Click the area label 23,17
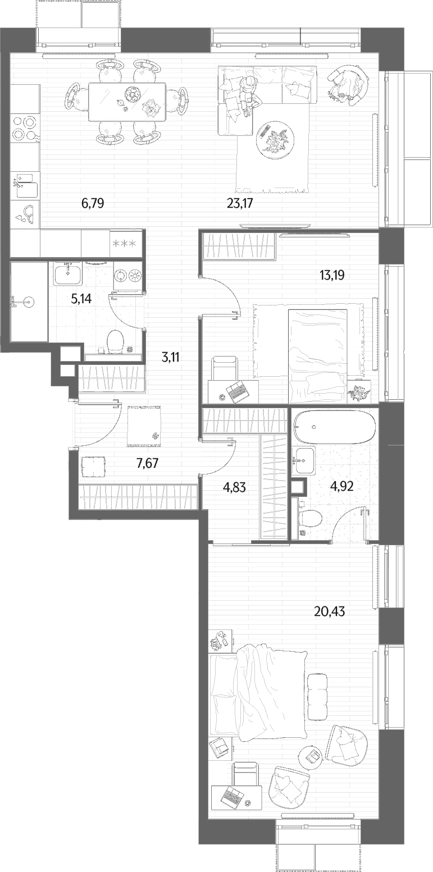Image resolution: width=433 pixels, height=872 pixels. (x=240, y=203)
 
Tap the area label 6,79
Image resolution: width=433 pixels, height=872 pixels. (x=93, y=203)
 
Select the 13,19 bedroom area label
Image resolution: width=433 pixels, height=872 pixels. (x=332, y=276)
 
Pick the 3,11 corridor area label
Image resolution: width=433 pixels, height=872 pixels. (x=170, y=357)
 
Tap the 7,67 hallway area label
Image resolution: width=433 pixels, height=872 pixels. (x=148, y=463)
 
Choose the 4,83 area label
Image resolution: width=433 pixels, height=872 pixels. (x=234, y=487)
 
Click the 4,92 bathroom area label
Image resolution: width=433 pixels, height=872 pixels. (x=341, y=487)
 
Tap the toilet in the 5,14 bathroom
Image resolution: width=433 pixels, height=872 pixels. (x=115, y=341)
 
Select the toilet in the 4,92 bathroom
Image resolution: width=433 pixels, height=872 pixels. (x=311, y=519)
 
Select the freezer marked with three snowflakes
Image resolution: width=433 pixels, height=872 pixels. (x=124, y=244)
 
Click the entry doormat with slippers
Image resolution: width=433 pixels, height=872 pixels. (x=144, y=426)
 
